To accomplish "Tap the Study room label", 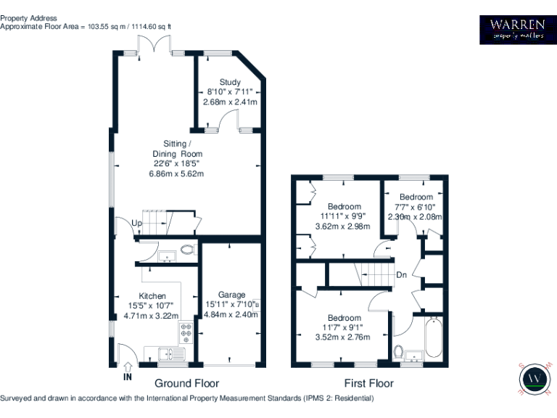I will click(x=230, y=82).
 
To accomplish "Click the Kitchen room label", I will click(x=152, y=296).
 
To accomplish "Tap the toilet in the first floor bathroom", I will click(x=399, y=352).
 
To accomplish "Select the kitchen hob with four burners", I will click(x=186, y=333).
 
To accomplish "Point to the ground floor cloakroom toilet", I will click(x=188, y=250).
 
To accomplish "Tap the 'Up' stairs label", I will click(x=136, y=222).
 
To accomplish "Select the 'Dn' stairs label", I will click(x=401, y=274).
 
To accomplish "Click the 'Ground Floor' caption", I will click(x=186, y=383).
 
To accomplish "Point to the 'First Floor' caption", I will click(x=368, y=383).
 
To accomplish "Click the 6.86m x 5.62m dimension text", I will click(x=176, y=173).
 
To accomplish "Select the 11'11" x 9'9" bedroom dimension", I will click(x=344, y=216).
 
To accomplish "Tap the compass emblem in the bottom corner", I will click(x=535, y=378).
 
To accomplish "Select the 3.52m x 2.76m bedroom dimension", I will click(x=343, y=337).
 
